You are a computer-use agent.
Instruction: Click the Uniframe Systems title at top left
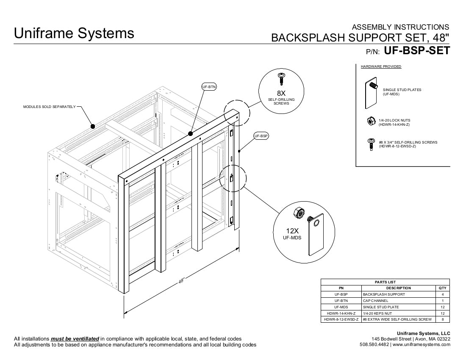coord(74,33)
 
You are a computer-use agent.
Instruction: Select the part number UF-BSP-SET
coord(416,51)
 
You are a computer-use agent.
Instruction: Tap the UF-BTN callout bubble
coord(209,87)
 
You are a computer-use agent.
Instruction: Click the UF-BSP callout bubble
coord(261,136)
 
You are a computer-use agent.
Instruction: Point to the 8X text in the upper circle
coord(281,93)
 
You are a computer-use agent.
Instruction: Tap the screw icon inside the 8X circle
coord(281,80)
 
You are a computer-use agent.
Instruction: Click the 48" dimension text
coord(183,281)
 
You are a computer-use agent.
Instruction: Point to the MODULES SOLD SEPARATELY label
coord(49,107)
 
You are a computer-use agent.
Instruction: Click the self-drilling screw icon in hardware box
coord(371,144)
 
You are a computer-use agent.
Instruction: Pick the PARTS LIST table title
coord(385,282)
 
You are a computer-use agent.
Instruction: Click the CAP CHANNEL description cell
coord(375,300)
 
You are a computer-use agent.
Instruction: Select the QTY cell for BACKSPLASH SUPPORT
coord(443,294)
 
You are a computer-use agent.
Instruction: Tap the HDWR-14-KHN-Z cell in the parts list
coord(341,313)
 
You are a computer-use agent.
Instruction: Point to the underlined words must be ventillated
coord(75,339)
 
